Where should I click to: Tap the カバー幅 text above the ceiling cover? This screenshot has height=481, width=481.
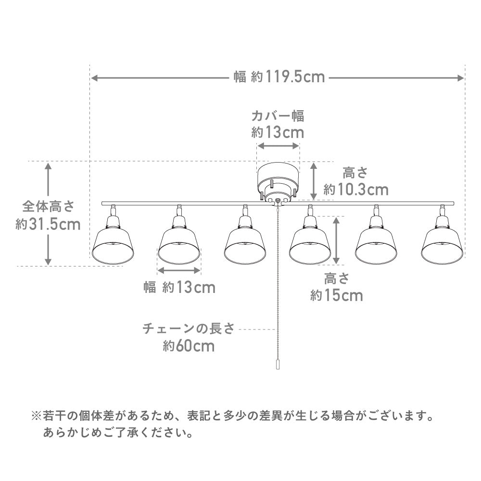point(278,116)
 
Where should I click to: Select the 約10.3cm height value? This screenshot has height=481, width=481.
point(356,190)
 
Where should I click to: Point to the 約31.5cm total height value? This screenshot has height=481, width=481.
point(48,225)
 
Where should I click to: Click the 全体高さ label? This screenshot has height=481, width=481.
point(48,207)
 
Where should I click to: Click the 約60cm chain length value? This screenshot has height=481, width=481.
point(189,346)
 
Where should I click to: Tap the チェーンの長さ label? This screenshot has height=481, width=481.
point(188,329)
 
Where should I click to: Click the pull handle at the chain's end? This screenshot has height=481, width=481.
point(278,364)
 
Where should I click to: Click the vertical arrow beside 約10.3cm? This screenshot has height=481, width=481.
point(314,180)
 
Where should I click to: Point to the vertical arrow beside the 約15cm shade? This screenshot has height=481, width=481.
point(337,239)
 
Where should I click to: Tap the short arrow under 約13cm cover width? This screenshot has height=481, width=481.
point(278,145)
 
